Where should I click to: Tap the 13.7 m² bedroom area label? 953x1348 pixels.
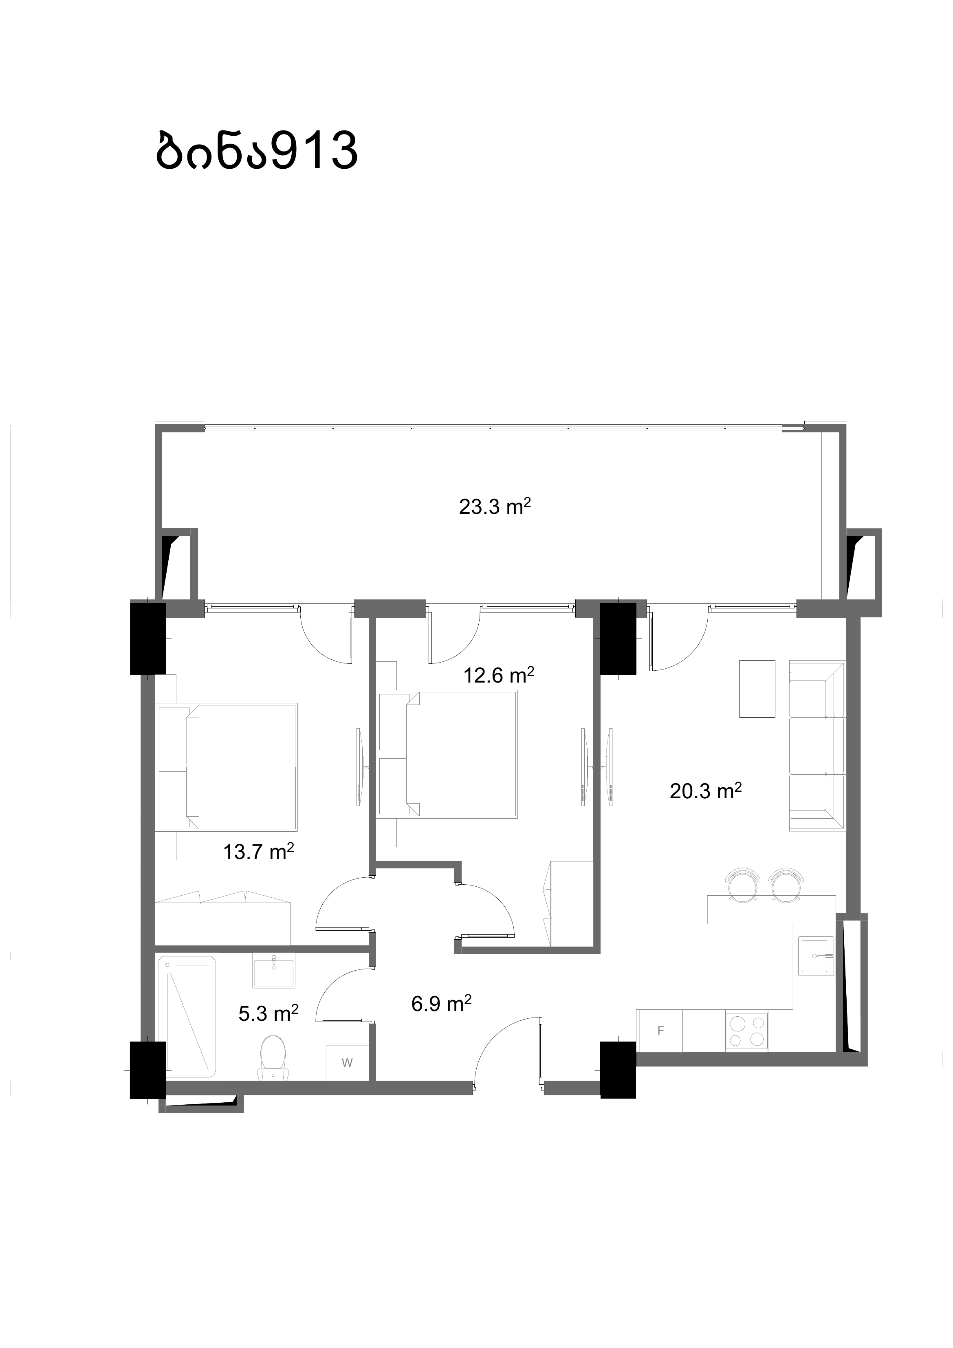tap(258, 851)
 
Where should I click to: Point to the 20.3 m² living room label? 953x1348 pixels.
tap(705, 791)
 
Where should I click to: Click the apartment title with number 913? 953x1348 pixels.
tap(257, 150)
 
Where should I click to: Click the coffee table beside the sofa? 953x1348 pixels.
tap(757, 689)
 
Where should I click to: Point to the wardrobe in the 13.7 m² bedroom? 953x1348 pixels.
tap(224, 918)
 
